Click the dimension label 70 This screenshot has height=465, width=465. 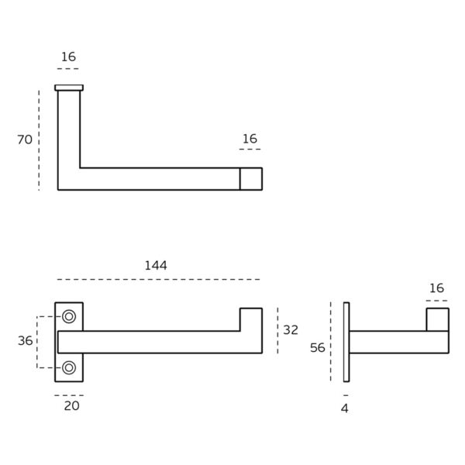tap(25, 139)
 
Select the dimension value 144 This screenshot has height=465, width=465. tap(156, 265)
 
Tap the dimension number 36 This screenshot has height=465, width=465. tap(26, 341)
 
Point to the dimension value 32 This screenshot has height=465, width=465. tap(291, 330)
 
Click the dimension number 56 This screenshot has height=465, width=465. tap(318, 348)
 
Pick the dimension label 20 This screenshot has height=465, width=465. tap(71, 405)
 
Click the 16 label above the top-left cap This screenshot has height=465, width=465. tap(68, 57)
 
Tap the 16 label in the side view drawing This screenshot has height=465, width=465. tap(436, 288)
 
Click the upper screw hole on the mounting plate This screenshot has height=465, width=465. tap(69, 316)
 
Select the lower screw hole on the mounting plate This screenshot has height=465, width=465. tap(69, 367)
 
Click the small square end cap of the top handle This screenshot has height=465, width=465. tap(250, 178)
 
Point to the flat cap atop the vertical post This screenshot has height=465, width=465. tap(68, 87)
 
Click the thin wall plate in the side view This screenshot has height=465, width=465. tap(346, 341)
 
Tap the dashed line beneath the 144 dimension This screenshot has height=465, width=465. tap(159, 279)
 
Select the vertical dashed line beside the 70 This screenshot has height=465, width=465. tap(39, 139)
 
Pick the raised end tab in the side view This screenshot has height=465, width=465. tap(437, 319)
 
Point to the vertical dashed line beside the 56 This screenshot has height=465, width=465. tap(331, 341)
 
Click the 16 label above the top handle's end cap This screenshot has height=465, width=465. tap(250, 139)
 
